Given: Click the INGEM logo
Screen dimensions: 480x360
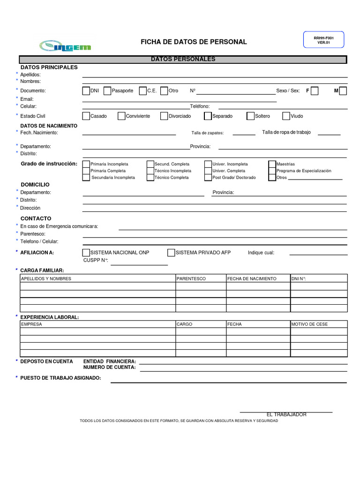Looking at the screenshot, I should coord(65,45).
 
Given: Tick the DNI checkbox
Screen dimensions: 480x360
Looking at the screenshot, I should coord(86,91).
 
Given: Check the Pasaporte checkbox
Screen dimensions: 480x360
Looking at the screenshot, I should coord(107,91).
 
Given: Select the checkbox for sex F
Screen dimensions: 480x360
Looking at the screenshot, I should coord(315,91).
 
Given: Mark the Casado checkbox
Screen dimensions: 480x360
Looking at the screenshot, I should coord(86,116).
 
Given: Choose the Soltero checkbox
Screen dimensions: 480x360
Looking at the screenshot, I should coord(251,116).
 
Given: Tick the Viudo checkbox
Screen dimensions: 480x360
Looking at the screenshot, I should coord(286,116).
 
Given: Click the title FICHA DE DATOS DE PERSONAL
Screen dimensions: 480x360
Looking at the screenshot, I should coord(194,42).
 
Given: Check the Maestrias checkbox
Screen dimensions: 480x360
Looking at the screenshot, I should coord(272,164).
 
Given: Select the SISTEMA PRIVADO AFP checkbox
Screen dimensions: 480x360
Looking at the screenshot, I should coord(172,253).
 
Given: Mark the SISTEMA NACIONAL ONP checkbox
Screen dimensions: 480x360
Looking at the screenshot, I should coord(86,253).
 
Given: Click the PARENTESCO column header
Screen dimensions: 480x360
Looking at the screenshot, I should coord(191,278).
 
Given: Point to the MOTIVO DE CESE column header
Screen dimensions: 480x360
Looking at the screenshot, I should coord(309,324).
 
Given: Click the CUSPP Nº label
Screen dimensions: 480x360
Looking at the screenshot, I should coord(96,260).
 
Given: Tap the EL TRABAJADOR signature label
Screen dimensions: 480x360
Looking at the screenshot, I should coord(286,415).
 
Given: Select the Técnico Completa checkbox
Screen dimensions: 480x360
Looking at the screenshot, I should coord(150,178).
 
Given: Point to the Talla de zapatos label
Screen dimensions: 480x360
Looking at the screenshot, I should coord(208,133).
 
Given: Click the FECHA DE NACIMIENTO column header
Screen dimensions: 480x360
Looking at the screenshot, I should coord(252,278).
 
